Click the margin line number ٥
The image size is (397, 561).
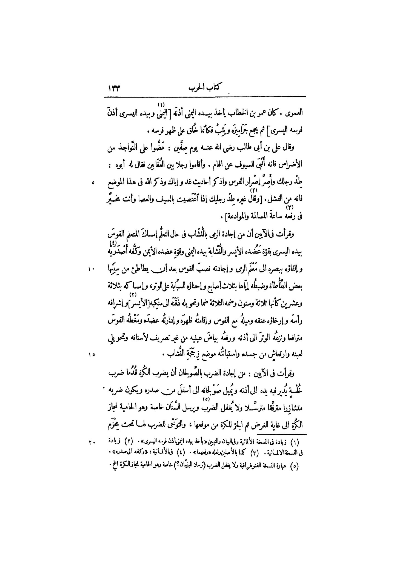click(x=93, y=183)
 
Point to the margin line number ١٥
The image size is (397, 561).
click(x=91, y=354)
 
